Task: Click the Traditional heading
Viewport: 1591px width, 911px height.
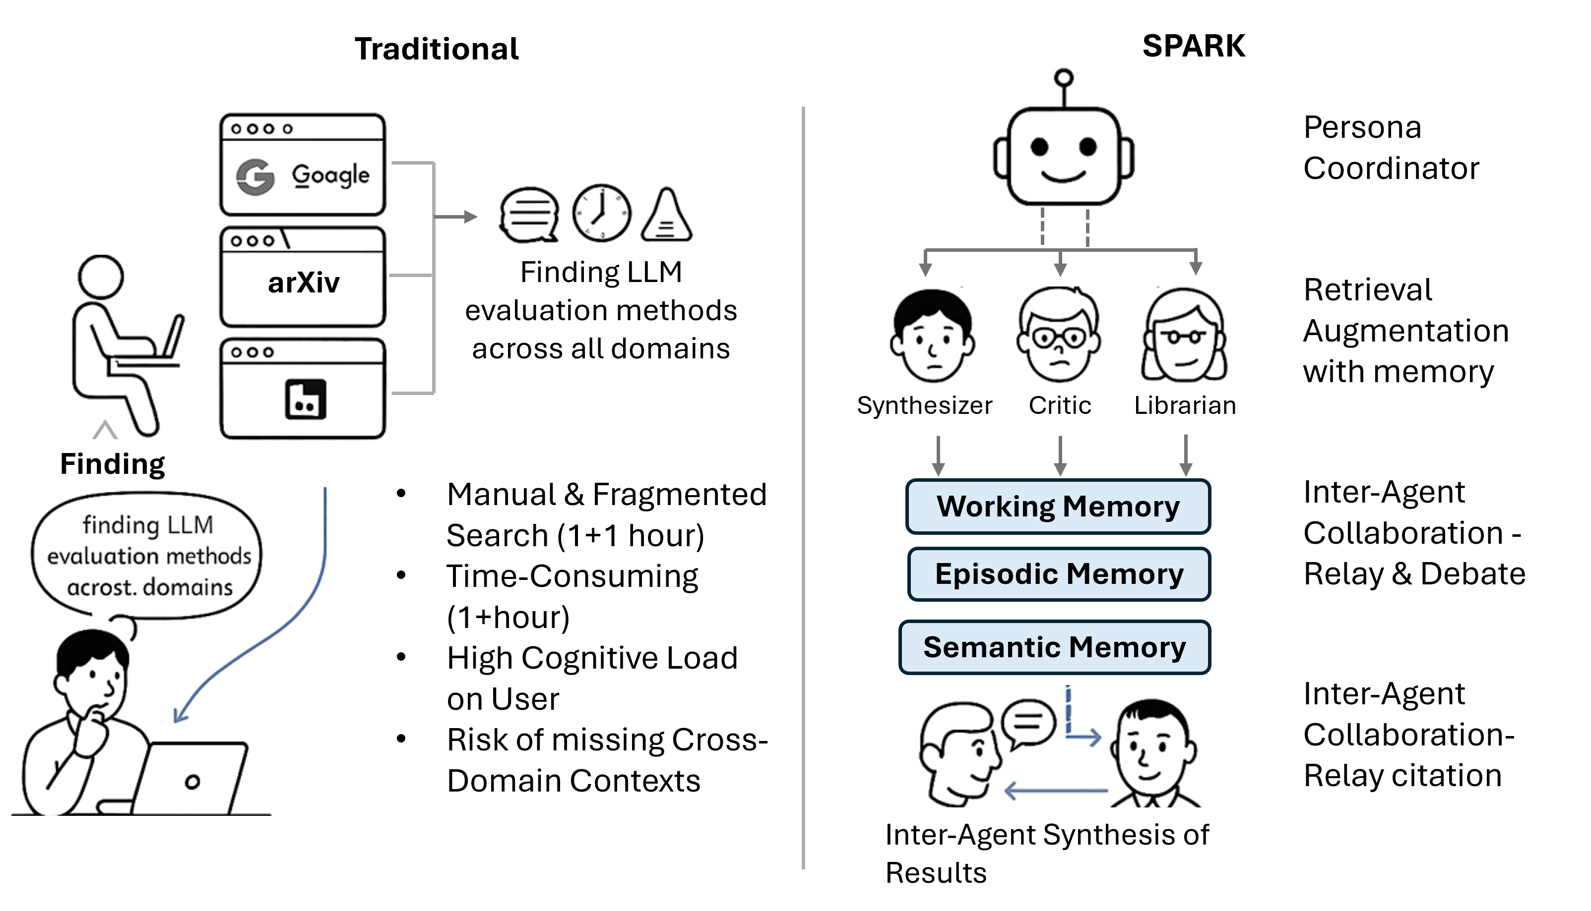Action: coord(437,49)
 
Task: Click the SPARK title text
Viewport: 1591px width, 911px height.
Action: coord(1194,46)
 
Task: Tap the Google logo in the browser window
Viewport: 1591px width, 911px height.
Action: coord(255,177)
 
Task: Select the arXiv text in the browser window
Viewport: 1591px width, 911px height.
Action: coord(304,283)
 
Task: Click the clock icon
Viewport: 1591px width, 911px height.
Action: coord(601,213)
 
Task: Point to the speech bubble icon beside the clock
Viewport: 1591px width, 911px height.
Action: coord(529,215)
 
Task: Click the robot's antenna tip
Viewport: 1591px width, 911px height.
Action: coord(1063,78)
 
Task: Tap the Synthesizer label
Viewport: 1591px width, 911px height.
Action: coord(924,405)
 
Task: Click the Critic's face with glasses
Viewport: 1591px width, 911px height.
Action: coord(1059,337)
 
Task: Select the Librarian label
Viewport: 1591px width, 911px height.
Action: coord(1185,405)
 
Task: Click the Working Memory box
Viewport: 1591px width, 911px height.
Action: coord(1058,506)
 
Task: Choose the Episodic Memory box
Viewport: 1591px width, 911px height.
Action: coord(1059,574)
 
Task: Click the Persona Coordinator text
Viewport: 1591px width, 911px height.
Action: coord(1391,148)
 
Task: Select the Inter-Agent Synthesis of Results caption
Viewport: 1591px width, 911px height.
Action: coord(1047,853)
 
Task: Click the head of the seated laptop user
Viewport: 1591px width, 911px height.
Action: coord(101,277)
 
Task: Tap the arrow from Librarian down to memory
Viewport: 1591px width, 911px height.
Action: coord(1185,455)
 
